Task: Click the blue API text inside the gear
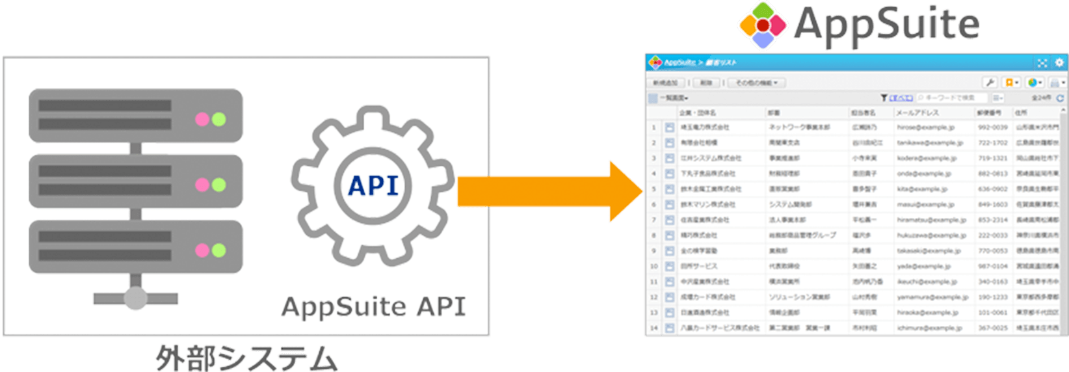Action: pyautogui.click(x=373, y=185)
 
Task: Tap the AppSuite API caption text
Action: pyautogui.click(x=374, y=306)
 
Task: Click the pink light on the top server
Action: pyautogui.click(x=202, y=119)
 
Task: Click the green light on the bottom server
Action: pyautogui.click(x=219, y=250)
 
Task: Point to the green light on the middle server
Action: pyautogui.click(x=219, y=185)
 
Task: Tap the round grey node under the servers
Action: pyautogui.click(x=135, y=298)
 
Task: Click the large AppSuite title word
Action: pyautogui.click(x=886, y=24)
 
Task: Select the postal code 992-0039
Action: pyautogui.click(x=993, y=127)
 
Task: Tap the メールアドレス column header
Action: pyautogui.click(x=917, y=113)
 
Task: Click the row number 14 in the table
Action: pyautogui.click(x=654, y=328)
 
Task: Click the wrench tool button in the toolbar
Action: pyautogui.click(x=989, y=83)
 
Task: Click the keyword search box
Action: pyautogui.click(x=951, y=98)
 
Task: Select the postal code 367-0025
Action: pyautogui.click(x=993, y=328)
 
